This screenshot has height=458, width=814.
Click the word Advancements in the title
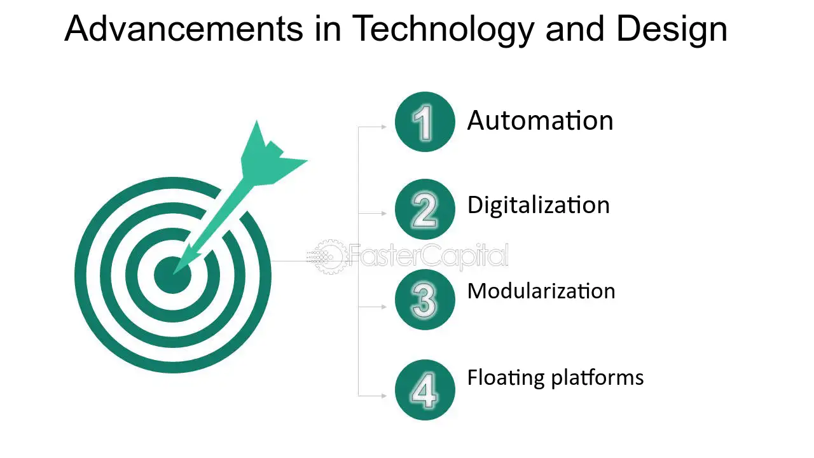pyautogui.click(x=184, y=29)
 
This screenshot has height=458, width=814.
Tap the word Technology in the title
pyautogui.click(x=443, y=31)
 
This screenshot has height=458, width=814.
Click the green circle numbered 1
pyautogui.click(x=425, y=121)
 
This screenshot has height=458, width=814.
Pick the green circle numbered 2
pyautogui.click(x=425, y=209)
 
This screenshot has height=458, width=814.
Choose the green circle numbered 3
pyautogui.click(x=425, y=300)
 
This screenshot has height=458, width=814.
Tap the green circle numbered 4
pyautogui.click(x=425, y=390)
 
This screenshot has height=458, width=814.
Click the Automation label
pyautogui.click(x=541, y=120)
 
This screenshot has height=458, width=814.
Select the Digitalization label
pyautogui.click(x=539, y=205)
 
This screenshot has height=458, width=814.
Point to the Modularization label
pyautogui.click(x=541, y=291)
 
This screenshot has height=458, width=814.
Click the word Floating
pyautogui.click(x=506, y=378)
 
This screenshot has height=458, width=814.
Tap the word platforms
pyautogui.click(x=597, y=378)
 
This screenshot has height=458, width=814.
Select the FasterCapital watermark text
pyautogui.click(x=429, y=256)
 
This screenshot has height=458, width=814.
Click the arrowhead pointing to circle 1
pyautogui.click(x=384, y=127)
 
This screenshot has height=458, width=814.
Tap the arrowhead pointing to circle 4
pyautogui.click(x=384, y=396)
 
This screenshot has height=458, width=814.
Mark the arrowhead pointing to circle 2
pyautogui.click(x=384, y=213)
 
